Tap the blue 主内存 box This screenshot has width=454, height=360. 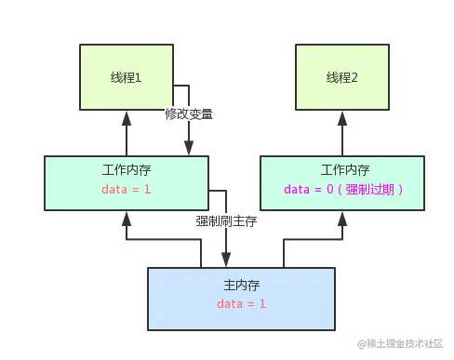(x=241, y=298)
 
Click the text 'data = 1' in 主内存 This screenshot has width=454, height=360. (x=241, y=304)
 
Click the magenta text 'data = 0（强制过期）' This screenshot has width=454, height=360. (x=342, y=190)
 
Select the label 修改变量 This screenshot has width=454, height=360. (x=189, y=114)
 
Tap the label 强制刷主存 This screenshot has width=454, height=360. (x=226, y=221)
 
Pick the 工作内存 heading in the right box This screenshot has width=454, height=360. (x=342, y=171)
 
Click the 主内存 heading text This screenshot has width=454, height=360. (x=241, y=284)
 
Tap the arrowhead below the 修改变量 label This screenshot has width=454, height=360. (x=189, y=149)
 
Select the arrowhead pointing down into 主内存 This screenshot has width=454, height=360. (x=226, y=260)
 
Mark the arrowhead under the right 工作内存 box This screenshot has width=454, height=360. (x=341, y=220)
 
